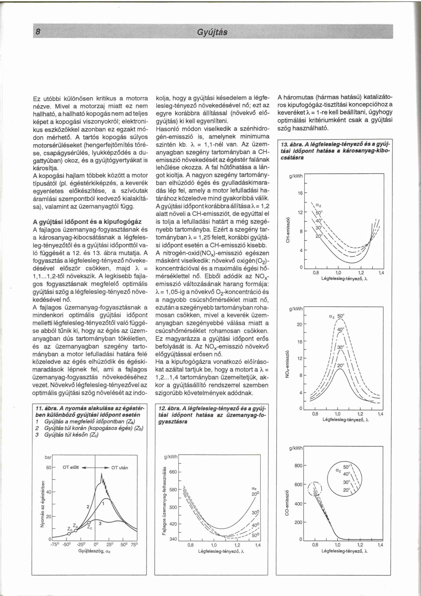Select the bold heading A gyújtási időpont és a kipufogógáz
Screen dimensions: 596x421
[87, 222]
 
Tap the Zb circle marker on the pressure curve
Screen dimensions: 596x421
[69, 534]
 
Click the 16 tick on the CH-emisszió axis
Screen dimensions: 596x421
[300, 193]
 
